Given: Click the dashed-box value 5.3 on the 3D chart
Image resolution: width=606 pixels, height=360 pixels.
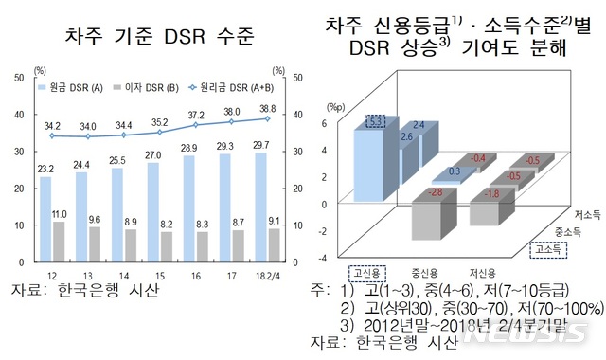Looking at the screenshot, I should (x=376, y=121).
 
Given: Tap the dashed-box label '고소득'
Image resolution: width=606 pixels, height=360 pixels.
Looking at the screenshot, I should (x=544, y=249).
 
